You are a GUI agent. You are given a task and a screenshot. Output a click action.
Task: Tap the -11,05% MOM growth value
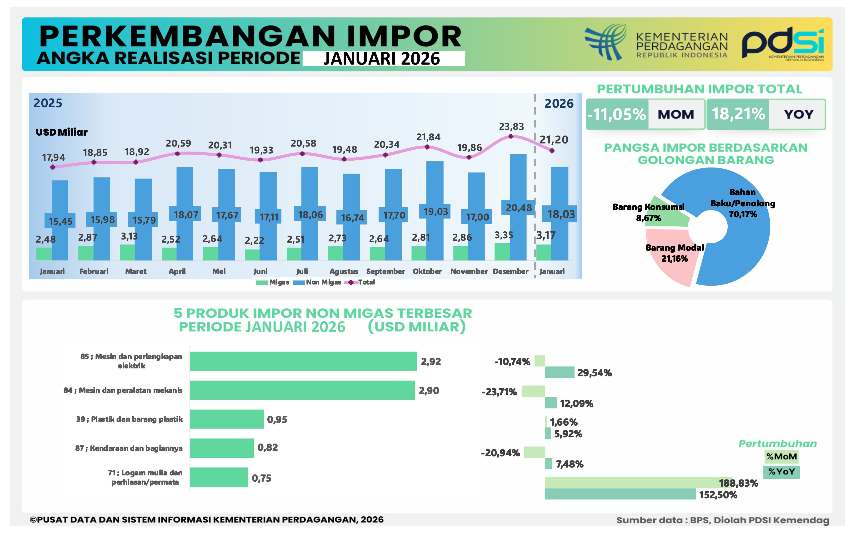[617, 114]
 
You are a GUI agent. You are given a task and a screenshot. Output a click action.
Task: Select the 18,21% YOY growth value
[738, 114]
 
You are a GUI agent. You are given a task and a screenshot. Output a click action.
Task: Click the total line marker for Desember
[511, 136]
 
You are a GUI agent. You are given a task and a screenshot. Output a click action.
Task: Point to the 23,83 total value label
[511, 126]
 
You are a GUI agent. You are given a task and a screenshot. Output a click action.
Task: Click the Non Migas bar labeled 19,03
[435, 184]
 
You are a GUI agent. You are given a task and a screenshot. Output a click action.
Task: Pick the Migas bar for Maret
[127, 252]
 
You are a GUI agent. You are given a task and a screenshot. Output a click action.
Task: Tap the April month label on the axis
[177, 271]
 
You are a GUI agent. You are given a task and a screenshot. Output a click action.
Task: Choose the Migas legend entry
[273, 282]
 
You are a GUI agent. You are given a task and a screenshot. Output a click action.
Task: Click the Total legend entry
[360, 282]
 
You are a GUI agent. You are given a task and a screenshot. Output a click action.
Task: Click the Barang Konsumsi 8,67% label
[648, 212]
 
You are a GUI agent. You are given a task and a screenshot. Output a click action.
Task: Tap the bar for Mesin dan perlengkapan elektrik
[303, 361]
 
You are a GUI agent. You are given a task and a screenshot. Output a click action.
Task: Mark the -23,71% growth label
[499, 392]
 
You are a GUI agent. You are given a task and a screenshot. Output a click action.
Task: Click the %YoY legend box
[781, 472]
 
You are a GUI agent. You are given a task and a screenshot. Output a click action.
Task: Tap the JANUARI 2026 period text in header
[382, 59]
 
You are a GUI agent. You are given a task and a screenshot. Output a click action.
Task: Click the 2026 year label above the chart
[559, 103]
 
